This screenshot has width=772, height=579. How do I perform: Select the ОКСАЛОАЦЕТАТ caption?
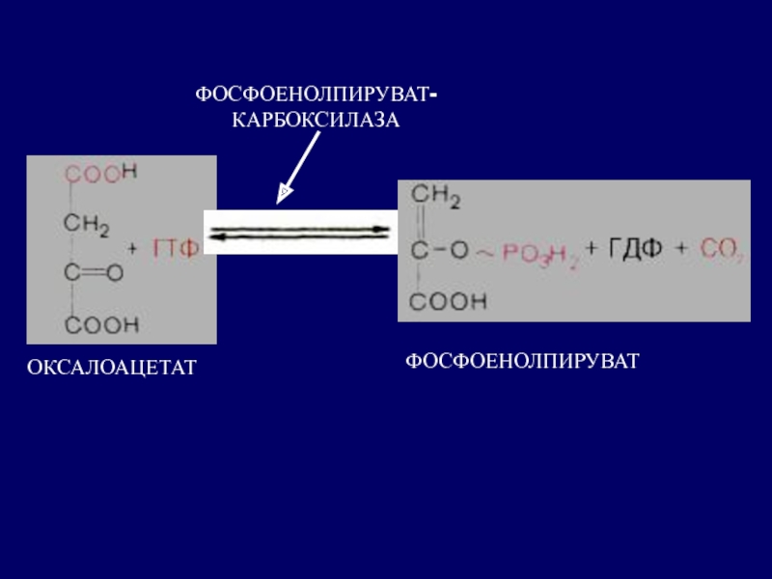click(x=112, y=367)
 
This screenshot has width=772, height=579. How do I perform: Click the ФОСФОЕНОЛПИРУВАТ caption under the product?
click(x=522, y=361)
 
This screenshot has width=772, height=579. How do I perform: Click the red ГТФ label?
click(x=178, y=249)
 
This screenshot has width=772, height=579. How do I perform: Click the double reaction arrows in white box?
click(x=300, y=233)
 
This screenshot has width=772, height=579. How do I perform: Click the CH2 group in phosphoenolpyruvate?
click(x=436, y=200)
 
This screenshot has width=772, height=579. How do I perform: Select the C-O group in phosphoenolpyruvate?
click(x=441, y=250)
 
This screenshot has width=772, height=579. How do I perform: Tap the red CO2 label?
click(x=722, y=251)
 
